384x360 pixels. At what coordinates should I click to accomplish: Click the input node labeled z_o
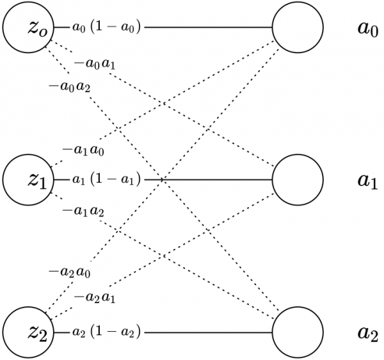27,27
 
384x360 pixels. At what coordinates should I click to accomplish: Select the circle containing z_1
27,180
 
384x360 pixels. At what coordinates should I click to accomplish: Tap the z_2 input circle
27,332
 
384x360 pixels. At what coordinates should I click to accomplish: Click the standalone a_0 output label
369,28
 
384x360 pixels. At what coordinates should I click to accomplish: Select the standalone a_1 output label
369,180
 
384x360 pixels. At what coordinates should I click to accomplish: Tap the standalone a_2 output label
369,333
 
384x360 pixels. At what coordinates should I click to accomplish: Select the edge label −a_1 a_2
83,210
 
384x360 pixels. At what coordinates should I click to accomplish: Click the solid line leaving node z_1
211,180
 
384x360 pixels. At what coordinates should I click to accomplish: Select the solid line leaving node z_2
211,332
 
